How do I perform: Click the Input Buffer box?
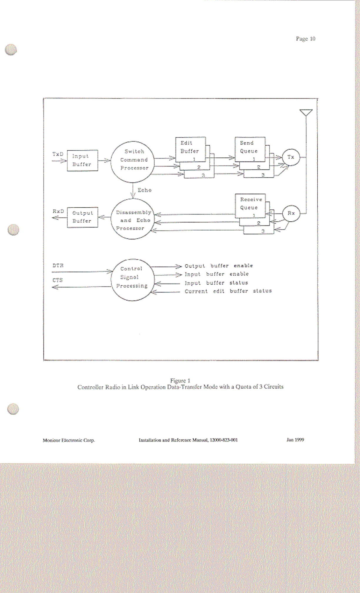click(82, 161)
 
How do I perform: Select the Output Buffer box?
click(82, 217)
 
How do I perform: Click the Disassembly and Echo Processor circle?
click(133, 219)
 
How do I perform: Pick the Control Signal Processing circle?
click(132, 280)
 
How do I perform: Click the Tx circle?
click(291, 157)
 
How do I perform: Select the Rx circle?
click(291, 213)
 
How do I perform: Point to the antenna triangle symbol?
click(306, 112)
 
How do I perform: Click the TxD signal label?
click(58, 154)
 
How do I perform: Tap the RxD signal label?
click(58, 211)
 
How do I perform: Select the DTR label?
click(58, 265)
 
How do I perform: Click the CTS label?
click(58, 280)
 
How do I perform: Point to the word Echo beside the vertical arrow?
click(144, 190)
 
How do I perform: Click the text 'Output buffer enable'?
click(219, 266)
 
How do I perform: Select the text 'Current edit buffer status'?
click(228, 291)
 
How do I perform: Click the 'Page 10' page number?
click(305, 39)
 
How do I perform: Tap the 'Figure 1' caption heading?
click(180, 381)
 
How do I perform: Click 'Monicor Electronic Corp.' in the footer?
click(69, 440)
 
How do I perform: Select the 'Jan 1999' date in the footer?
click(295, 440)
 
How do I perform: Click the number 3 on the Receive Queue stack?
click(263, 231)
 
